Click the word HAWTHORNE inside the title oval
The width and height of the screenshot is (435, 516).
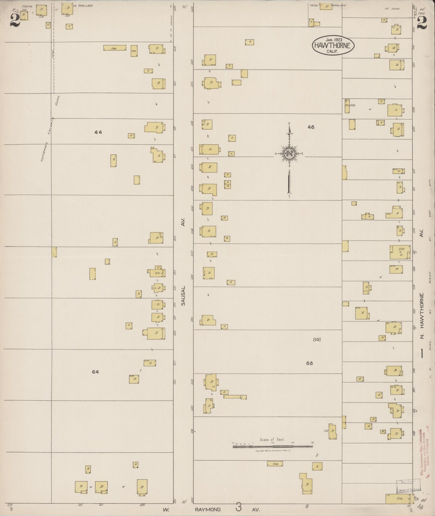click(333, 45)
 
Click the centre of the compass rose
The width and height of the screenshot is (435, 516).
click(289, 154)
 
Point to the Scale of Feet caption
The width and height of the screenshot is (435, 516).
click(272, 440)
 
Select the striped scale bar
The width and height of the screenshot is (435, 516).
click(272, 447)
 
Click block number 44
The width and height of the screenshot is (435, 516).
click(98, 132)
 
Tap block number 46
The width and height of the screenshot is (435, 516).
click(311, 127)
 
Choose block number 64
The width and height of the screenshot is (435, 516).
click(95, 372)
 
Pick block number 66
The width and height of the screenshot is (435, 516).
click(309, 363)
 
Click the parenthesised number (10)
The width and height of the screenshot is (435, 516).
click(317, 339)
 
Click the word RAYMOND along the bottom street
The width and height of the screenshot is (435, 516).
click(208, 510)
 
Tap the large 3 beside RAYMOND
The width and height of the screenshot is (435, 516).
click(238, 508)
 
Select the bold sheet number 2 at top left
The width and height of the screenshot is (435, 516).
click(14, 20)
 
